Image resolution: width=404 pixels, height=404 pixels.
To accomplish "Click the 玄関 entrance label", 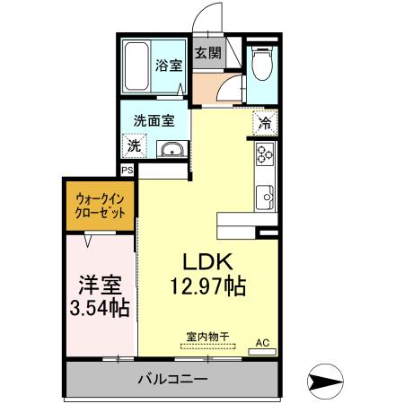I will (x=207, y=52).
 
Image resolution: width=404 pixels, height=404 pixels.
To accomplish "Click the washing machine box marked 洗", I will (x=133, y=145).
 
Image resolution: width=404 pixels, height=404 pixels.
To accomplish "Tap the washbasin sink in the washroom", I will (x=171, y=149).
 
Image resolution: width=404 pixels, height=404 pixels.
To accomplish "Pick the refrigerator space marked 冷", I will (x=266, y=125).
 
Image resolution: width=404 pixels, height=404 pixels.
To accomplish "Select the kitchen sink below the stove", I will (x=266, y=194).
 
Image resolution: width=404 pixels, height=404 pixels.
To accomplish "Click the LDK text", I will (x=208, y=262).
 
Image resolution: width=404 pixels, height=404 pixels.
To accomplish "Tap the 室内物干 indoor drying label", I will (x=206, y=337).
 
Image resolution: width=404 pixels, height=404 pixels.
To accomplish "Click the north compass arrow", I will (x=328, y=382).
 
